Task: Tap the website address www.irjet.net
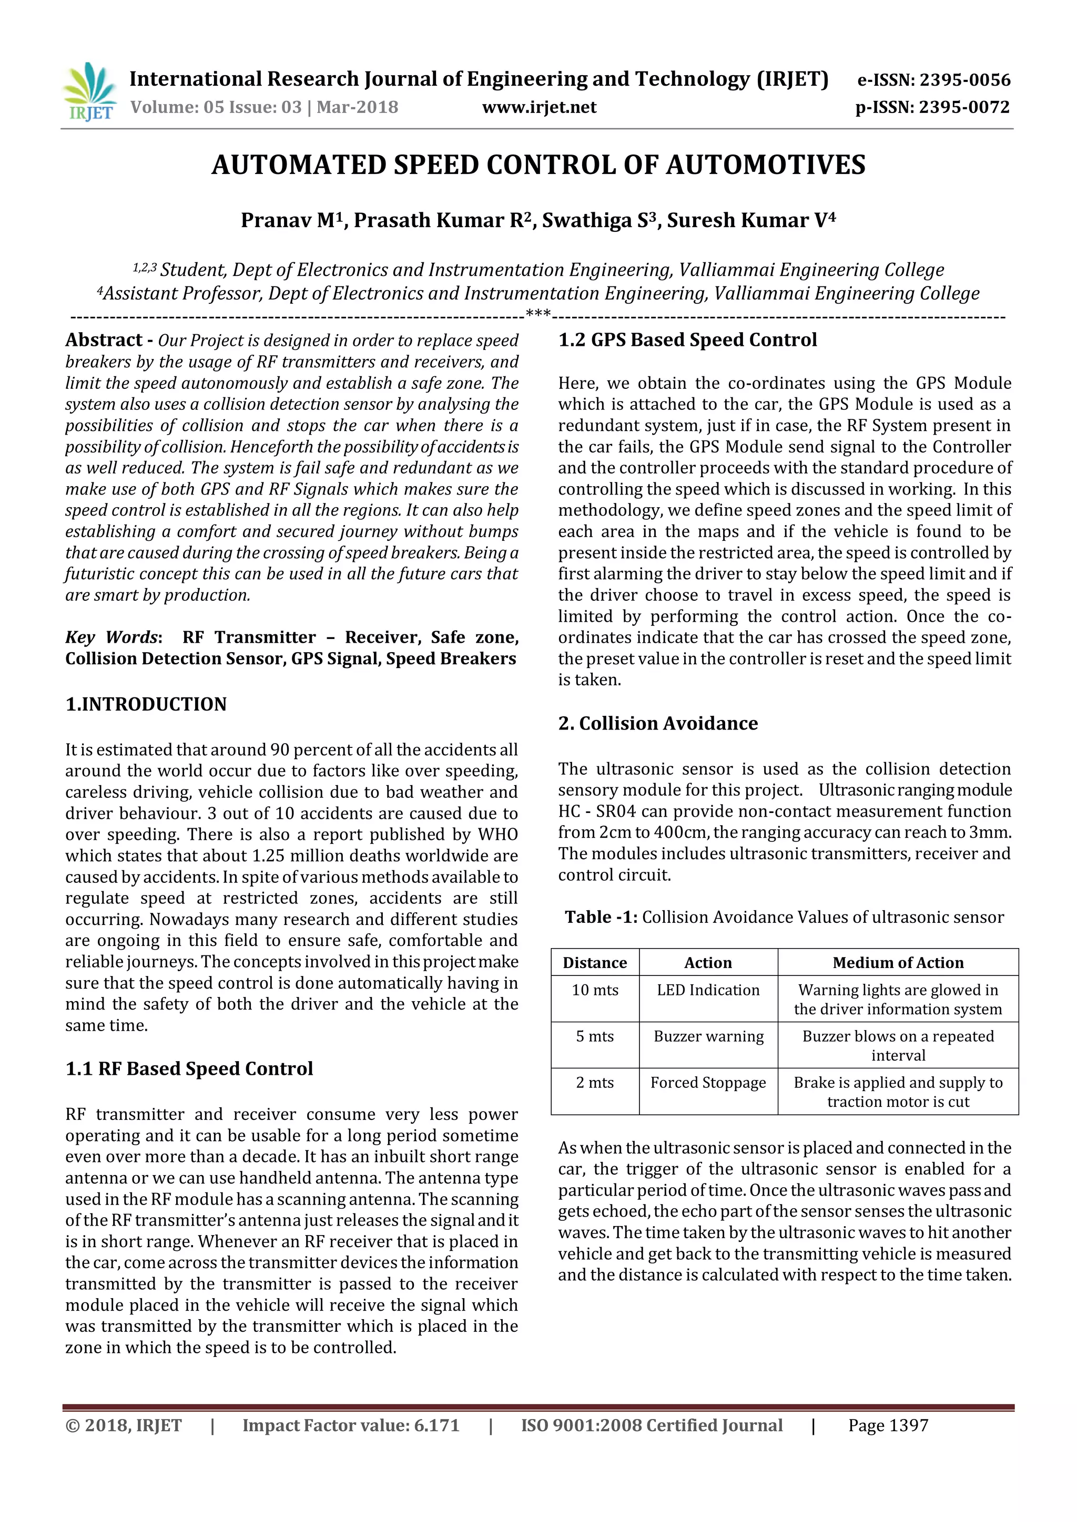pos(538,107)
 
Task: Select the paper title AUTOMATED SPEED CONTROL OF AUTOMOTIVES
pos(538,165)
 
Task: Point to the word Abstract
pos(104,340)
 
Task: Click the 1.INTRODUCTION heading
pos(146,704)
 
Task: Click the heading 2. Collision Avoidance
pos(657,723)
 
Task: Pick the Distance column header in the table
pos(594,962)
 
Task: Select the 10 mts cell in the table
pos(594,990)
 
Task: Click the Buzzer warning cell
pos(708,1036)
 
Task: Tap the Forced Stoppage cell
pos(708,1083)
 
